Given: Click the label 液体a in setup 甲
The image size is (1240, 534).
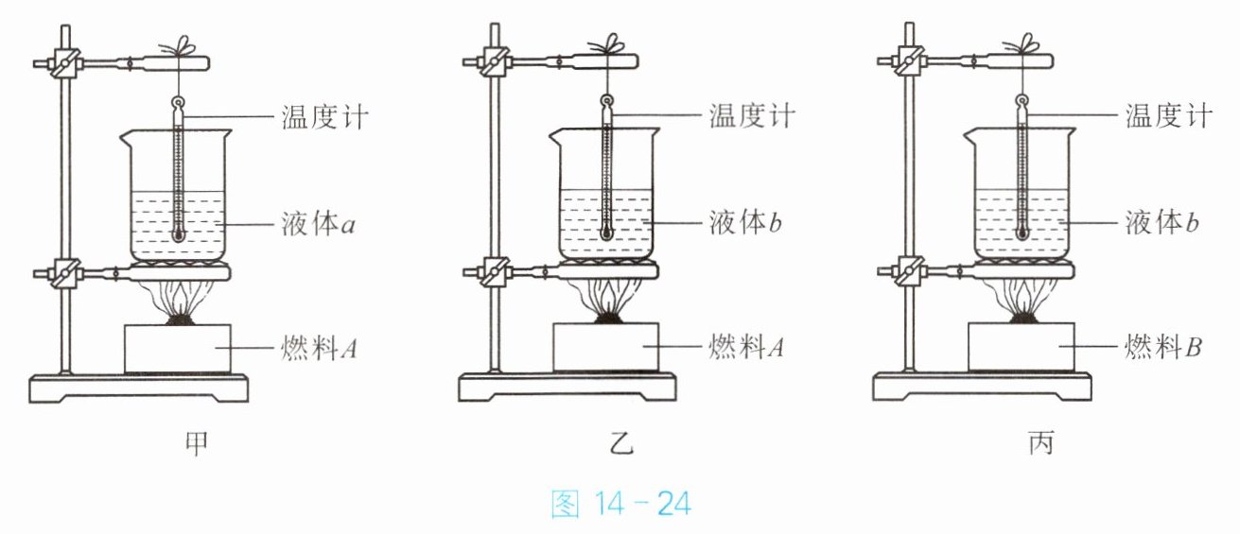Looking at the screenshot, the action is point(318,224).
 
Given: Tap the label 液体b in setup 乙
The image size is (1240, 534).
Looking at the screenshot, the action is point(745,222).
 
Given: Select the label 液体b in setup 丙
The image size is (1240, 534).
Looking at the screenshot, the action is point(1161,222).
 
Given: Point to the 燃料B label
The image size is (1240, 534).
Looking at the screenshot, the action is point(1163,347).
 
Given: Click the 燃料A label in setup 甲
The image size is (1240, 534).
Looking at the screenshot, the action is point(319,348).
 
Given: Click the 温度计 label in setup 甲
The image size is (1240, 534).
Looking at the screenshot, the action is point(324,117).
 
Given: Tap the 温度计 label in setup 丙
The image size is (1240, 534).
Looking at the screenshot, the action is point(1169,115).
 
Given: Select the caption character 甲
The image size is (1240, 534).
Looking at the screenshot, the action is point(197,443).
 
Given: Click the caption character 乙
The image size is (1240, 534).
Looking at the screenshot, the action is point(621,443).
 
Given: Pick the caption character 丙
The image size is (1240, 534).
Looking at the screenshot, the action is point(1041,443).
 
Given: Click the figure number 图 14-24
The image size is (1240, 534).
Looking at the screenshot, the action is point(621,504).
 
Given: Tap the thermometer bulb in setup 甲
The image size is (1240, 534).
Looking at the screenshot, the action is point(178,234).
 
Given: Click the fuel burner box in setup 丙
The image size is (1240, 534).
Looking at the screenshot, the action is point(1022,347).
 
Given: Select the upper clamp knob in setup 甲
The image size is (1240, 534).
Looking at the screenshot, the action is point(65,63).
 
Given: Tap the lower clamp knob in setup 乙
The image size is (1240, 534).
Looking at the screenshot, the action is point(495,271).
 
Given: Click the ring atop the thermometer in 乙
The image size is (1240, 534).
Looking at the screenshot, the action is point(606,101).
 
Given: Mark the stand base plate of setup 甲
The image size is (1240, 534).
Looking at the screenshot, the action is point(138,388).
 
